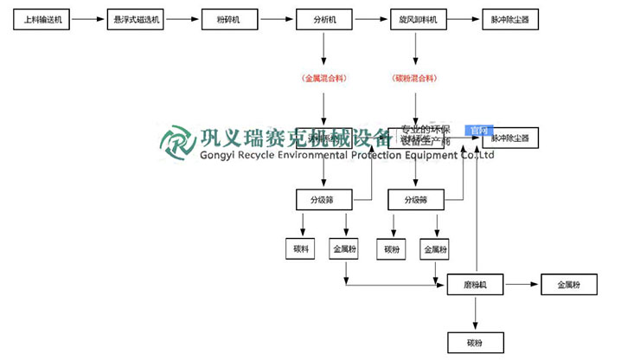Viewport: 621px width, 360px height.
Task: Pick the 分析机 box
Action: tap(323, 18)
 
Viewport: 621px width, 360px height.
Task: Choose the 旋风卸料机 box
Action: tap(417, 18)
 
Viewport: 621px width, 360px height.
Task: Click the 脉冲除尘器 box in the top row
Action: tap(511, 18)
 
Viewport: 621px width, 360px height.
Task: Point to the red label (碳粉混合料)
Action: tap(417, 78)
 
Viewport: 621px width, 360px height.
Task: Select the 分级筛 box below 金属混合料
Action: tap(323, 200)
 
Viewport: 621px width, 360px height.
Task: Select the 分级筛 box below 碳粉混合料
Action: tap(417, 200)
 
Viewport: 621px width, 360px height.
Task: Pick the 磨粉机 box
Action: tap(476, 284)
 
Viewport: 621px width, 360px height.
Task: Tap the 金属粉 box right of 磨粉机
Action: tap(568, 284)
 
